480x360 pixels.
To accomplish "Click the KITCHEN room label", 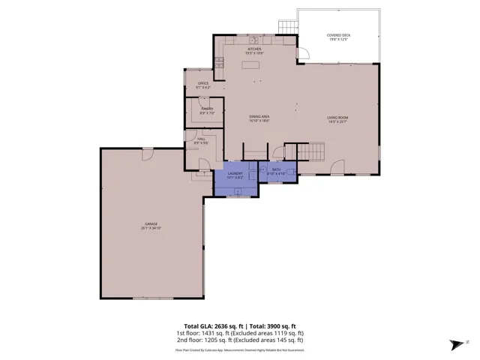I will (x=254, y=50).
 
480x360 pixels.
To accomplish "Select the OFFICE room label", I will (x=203, y=84).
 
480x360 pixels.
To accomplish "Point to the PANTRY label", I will (x=207, y=110).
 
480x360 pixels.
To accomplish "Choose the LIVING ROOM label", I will (x=337, y=118).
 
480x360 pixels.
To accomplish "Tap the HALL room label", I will (x=202, y=139).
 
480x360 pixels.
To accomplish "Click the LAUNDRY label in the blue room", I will (x=235, y=175).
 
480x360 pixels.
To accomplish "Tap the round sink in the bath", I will (x=263, y=170).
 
